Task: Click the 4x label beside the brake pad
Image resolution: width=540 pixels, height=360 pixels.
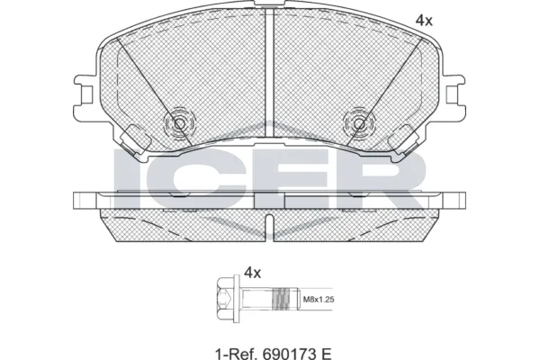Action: tap(424, 19)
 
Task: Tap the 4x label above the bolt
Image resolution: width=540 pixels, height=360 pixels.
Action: tap(252, 272)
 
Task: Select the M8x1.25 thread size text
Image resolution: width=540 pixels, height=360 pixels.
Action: tap(317, 298)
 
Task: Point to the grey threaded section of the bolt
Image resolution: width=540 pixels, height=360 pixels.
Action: tap(285, 296)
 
